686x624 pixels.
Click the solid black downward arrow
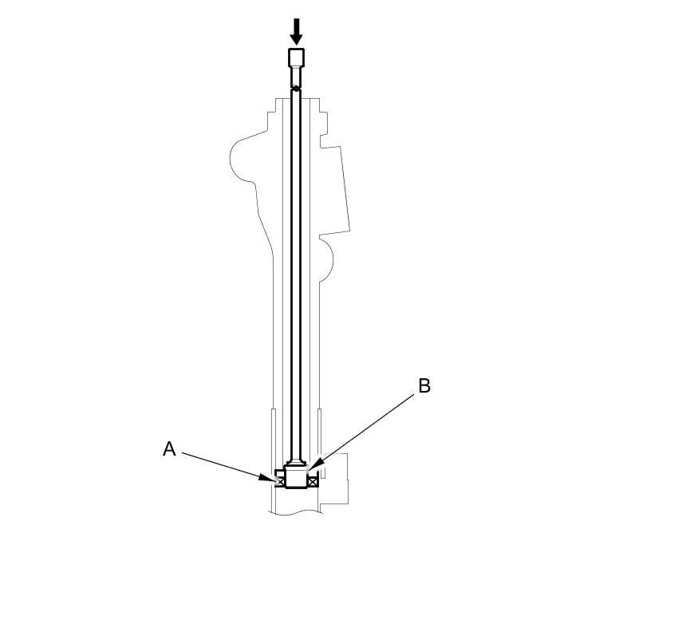click(x=297, y=31)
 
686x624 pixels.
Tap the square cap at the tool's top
click(x=296, y=57)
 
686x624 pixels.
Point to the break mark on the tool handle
click(x=296, y=88)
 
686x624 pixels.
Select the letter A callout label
click(x=169, y=449)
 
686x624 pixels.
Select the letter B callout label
click(x=424, y=386)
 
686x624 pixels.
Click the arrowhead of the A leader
click(x=266, y=478)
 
